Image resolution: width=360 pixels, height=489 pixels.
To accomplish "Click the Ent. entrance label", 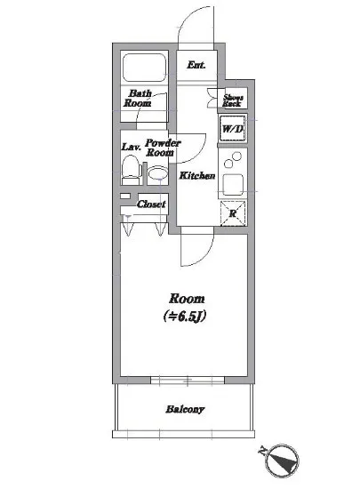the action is click(x=196, y=65).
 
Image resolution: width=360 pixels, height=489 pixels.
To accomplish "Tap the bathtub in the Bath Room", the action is click(x=144, y=68).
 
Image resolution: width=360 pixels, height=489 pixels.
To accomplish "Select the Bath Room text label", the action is click(x=138, y=98).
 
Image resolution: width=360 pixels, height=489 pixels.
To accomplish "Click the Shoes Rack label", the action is click(x=233, y=100).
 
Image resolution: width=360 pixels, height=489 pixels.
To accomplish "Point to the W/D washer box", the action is click(x=233, y=129).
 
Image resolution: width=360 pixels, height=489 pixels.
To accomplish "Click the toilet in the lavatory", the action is click(x=130, y=171).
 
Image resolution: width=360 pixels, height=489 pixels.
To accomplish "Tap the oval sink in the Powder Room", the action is click(x=157, y=173).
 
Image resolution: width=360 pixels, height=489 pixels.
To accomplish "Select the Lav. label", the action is click(x=132, y=147).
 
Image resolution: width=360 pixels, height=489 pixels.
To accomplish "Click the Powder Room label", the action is click(x=163, y=148).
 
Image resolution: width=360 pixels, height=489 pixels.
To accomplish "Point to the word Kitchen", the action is click(x=197, y=175).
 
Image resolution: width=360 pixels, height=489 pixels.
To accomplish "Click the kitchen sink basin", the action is click(x=233, y=184).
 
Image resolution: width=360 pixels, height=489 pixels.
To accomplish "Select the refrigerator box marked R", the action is click(x=233, y=213).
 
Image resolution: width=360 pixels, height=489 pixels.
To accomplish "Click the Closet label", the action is click(x=151, y=204).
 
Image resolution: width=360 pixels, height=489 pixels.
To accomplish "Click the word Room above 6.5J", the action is click(x=187, y=299).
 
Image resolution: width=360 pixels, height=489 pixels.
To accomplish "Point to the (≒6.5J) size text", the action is click(x=185, y=317).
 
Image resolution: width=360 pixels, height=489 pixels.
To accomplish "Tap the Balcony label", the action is click(x=185, y=409).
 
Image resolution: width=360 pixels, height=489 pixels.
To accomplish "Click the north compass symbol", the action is click(x=281, y=461).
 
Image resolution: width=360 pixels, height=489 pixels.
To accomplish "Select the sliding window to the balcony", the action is click(x=188, y=381).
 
